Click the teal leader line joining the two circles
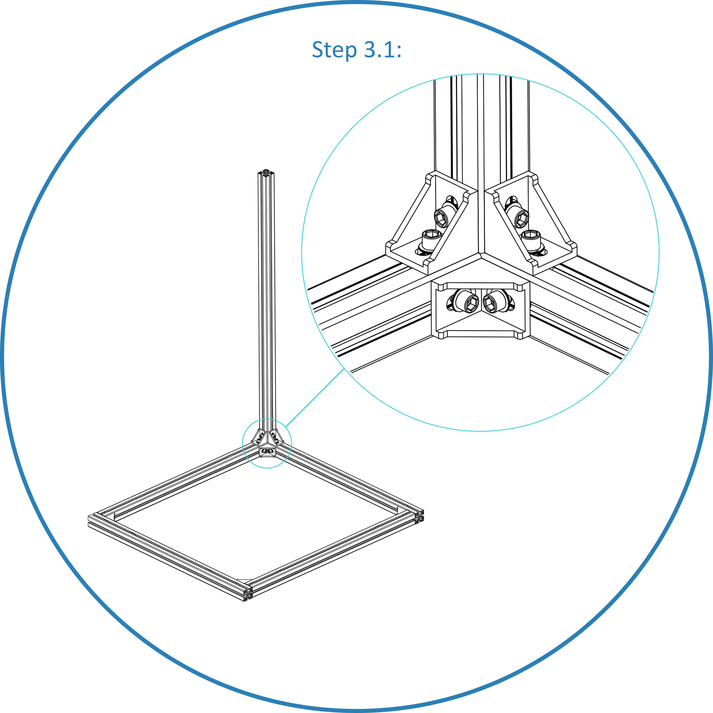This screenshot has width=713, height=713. pyautogui.click(x=314, y=399)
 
